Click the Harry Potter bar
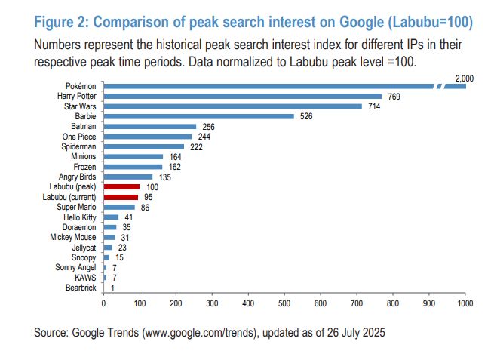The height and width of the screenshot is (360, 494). coord(243,97)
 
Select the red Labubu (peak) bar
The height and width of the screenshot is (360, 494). coord(121,186)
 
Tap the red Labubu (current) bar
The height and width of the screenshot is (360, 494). coord(121,196)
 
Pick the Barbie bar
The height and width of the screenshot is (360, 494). coord(198,116)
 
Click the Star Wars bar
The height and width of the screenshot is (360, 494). coord(232,106)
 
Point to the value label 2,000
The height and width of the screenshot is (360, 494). coord(464,78)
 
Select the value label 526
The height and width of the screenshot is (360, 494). coord(305,116)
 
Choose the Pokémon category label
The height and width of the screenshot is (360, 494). coord(81,86)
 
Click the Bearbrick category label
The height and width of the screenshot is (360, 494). coord(80,288)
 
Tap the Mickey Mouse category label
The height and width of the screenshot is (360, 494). coord(75,237)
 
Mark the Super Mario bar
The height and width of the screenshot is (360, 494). coord(119,207)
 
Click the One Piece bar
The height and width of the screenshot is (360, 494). coord(148,137)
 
